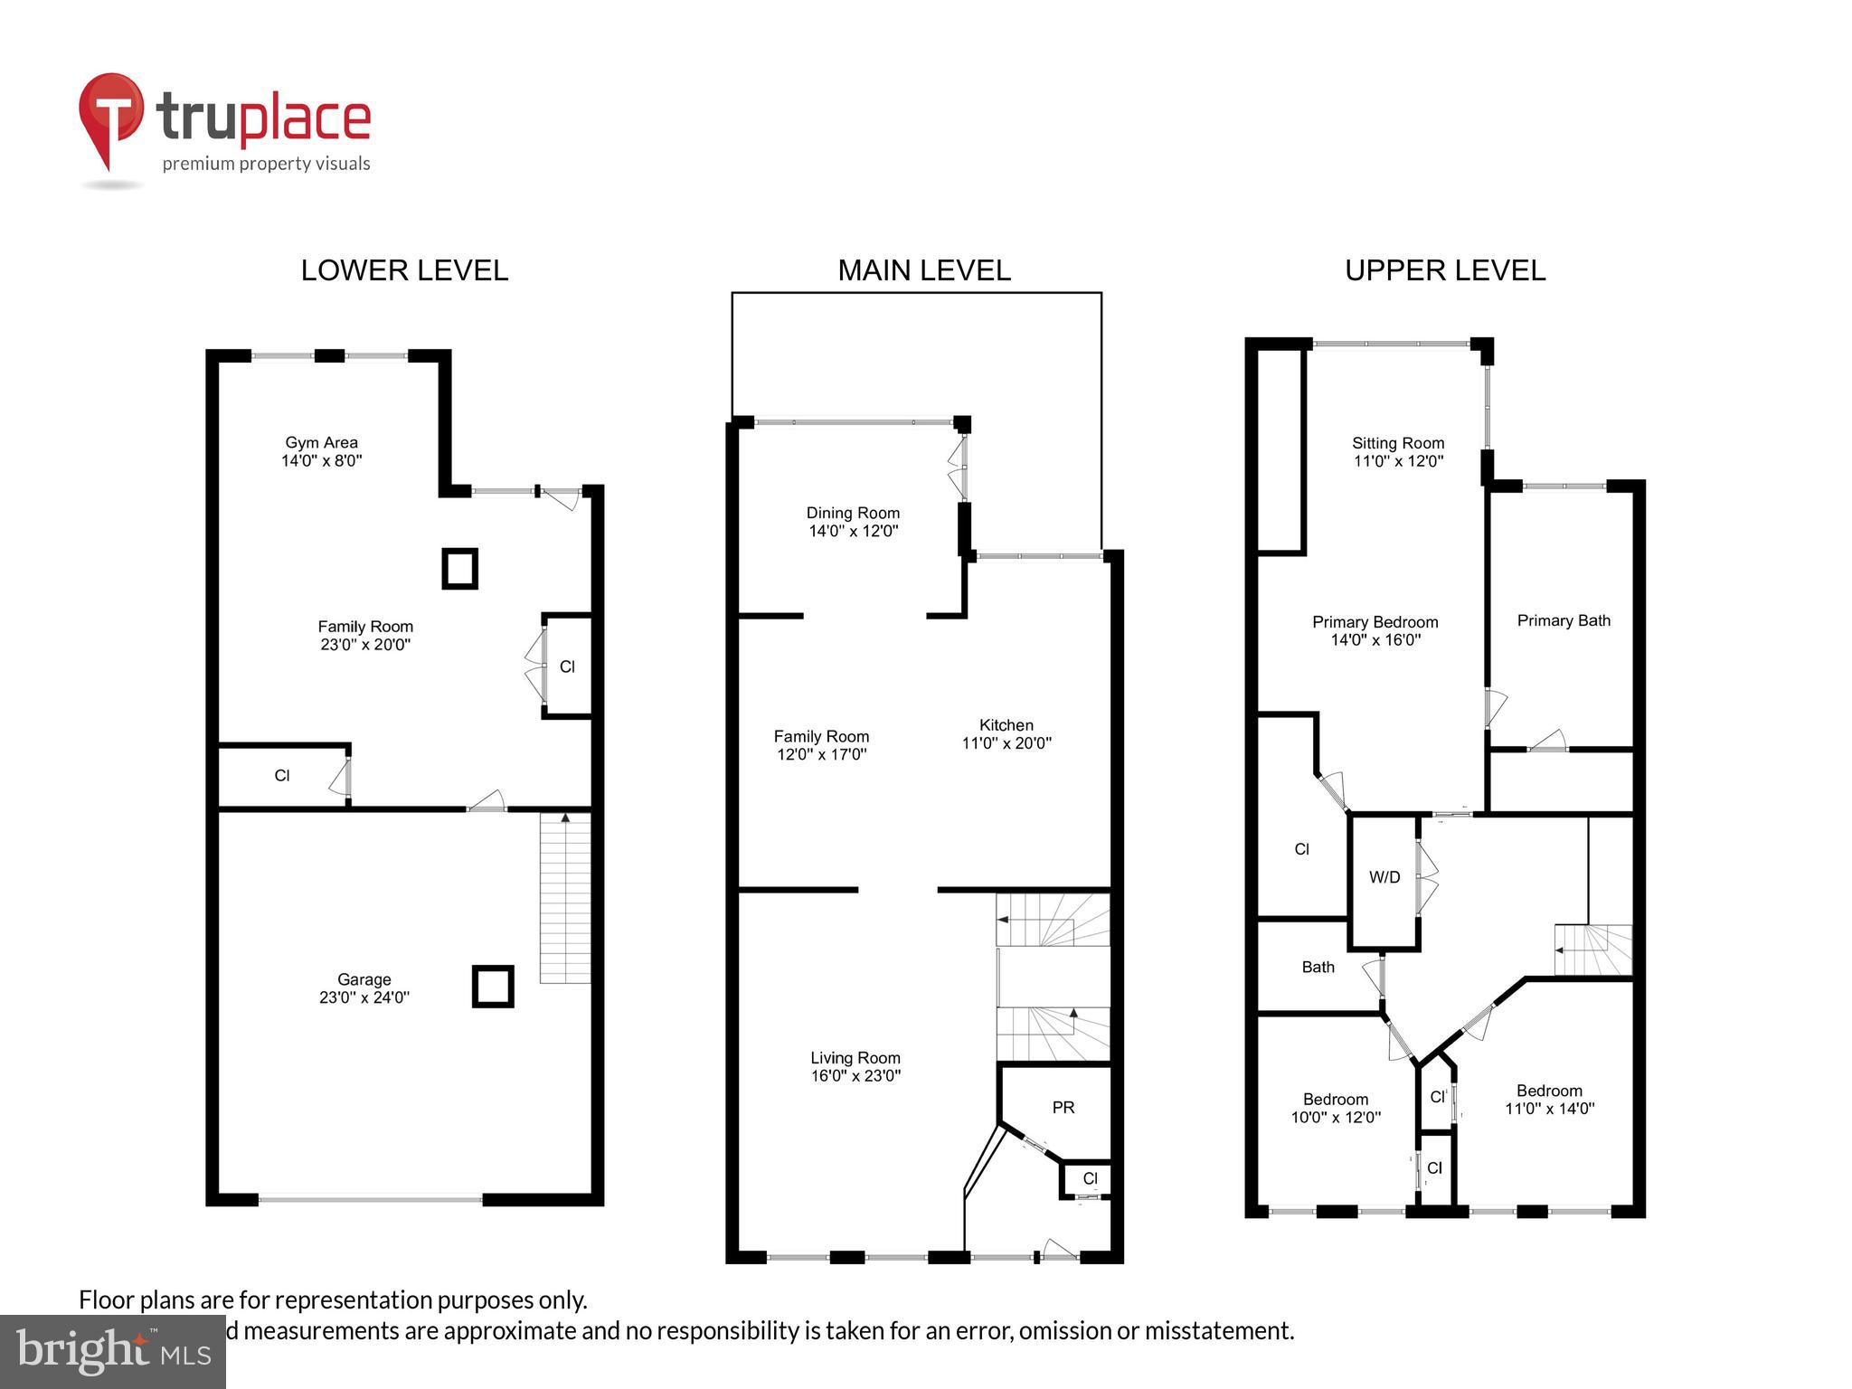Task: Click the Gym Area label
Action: [x=321, y=442]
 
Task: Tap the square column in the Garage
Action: [x=493, y=987]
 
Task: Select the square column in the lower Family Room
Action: [x=459, y=569]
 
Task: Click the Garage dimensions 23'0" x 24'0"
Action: [x=364, y=997]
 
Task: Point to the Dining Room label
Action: [x=853, y=513]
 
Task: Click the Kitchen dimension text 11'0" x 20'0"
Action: [x=1006, y=743]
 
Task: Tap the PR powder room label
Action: [x=1063, y=1107]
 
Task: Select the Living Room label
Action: [x=855, y=1057]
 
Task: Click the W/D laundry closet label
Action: [x=1384, y=877]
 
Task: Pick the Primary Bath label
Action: [x=1563, y=620]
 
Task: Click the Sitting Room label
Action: [x=1397, y=443]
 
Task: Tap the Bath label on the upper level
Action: [x=1318, y=967]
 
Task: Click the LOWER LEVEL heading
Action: [x=404, y=270]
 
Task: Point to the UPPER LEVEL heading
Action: [x=1444, y=270]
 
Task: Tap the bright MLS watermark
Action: [x=112, y=1352]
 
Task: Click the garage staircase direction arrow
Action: [x=565, y=817]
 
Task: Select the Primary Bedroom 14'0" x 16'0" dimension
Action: [x=1375, y=640]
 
